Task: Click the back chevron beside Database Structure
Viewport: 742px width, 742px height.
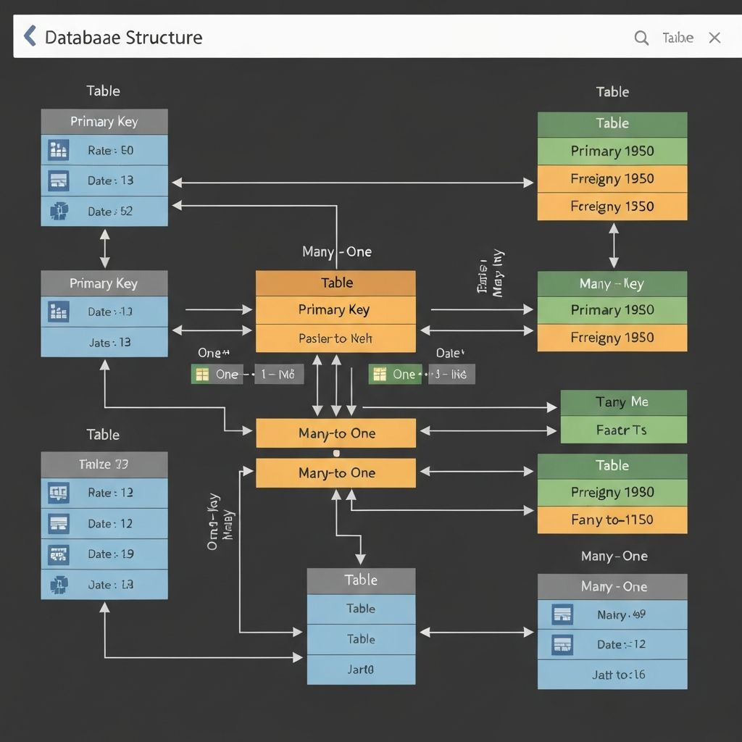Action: click(30, 36)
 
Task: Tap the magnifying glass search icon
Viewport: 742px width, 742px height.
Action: click(641, 38)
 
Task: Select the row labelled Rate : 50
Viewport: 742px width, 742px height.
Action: click(104, 151)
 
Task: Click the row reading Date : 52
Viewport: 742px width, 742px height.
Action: click(104, 212)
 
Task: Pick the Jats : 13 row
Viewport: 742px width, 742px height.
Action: click(104, 342)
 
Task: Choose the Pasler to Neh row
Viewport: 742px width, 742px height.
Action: click(335, 338)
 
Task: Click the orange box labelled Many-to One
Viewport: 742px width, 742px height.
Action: click(335, 433)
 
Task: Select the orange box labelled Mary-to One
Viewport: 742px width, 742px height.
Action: click(335, 473)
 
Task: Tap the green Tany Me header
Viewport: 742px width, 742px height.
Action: click(622, 402)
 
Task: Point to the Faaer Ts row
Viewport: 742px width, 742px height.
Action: click(622, 430)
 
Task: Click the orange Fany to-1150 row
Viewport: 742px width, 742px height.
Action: click(612, 520)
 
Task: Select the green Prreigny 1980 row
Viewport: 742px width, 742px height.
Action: click(612, 493)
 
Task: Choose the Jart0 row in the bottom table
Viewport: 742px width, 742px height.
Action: click(361, 670)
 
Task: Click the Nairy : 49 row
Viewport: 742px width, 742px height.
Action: click(612, 614)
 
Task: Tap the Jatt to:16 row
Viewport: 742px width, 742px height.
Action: click(612, 675)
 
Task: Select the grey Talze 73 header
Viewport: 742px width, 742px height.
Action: click(104, 464)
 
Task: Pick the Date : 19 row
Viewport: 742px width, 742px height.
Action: click(104, 554)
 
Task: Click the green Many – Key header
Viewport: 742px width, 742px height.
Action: click(612, 284)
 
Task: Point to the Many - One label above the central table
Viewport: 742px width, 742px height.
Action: click(336, 252)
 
